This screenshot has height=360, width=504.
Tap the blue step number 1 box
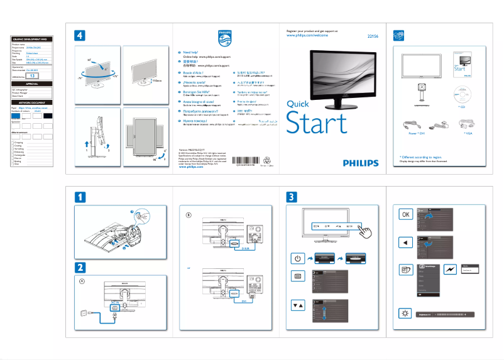(x=81, y=197)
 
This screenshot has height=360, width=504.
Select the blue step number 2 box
(x=81, y=267)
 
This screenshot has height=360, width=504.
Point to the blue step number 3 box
(x=293, y=197)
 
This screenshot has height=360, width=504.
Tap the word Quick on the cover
(x=297, y=104)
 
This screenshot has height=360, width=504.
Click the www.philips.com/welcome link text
(x=309, y=36)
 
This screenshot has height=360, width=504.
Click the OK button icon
(x=405, y=214)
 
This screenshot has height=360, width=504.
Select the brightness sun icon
(x=405, y=313)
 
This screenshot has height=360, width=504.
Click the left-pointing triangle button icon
(x=405, y=243)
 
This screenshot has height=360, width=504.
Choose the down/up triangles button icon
(x=298, y=305)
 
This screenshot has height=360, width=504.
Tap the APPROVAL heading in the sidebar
(x=32, y=84)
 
